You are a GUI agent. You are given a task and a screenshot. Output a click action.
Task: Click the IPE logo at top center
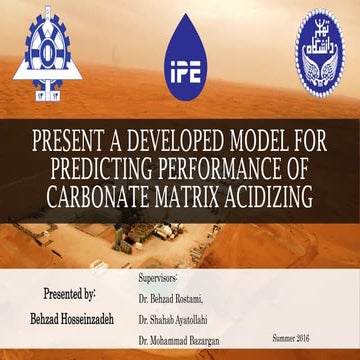click(x=179, y=53)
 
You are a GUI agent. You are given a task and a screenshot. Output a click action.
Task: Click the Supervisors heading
click(x=155, y=273)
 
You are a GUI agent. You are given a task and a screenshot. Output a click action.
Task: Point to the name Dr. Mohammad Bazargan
click(x=187, y=343)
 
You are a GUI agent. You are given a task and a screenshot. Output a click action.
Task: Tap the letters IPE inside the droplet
click(x=179, y=71)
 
